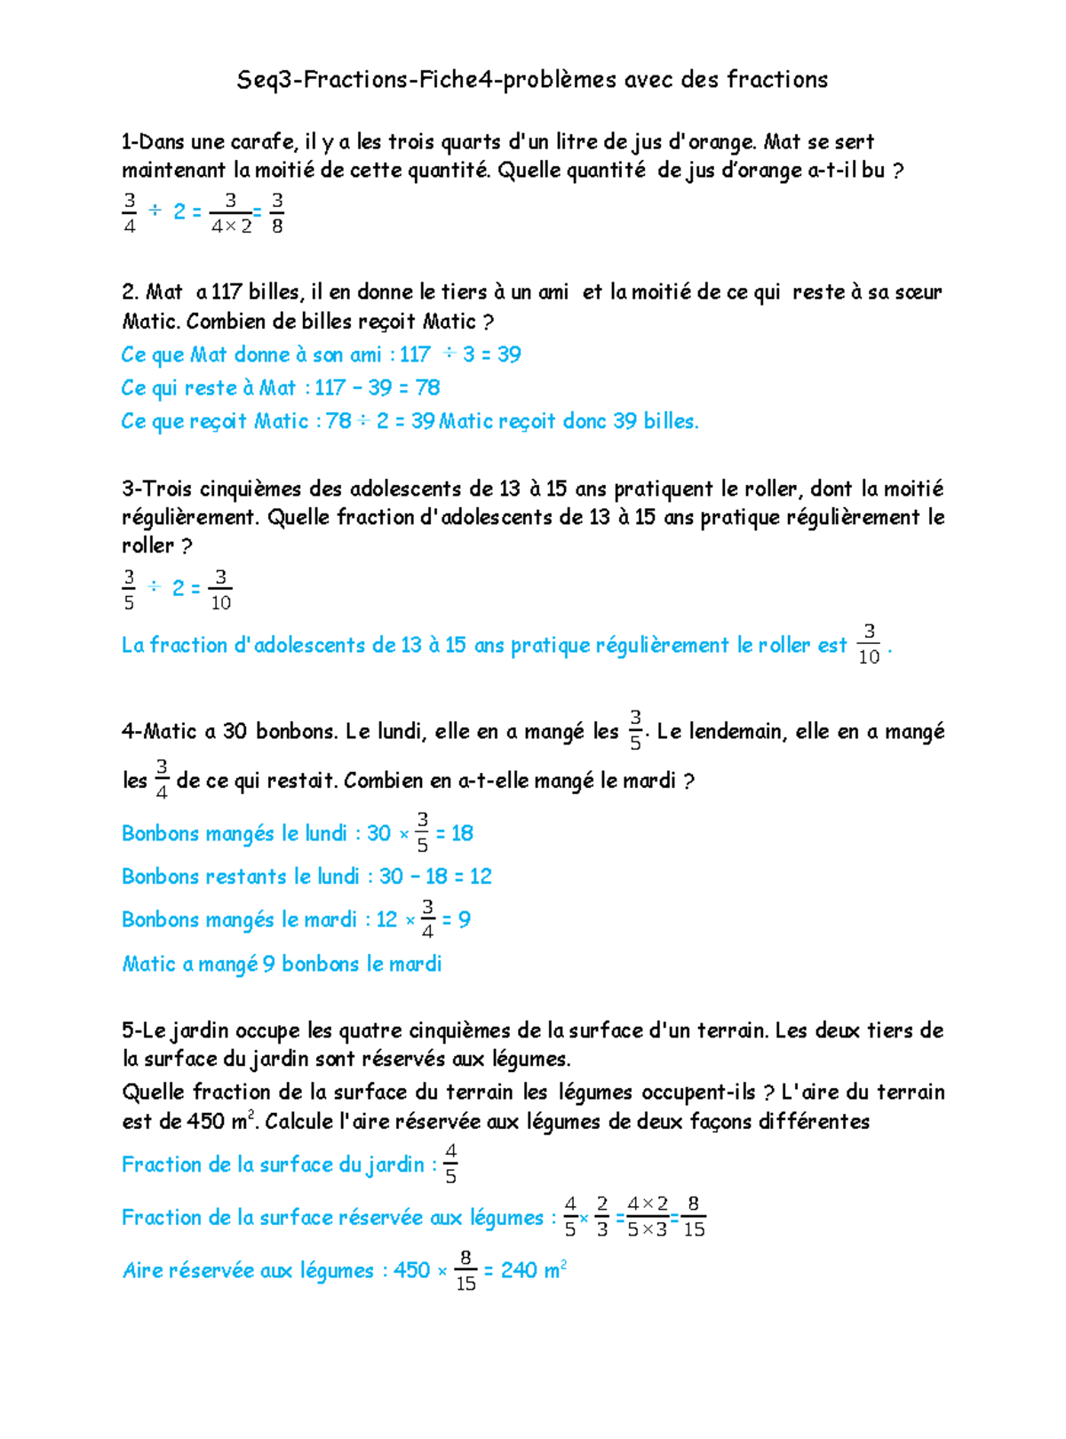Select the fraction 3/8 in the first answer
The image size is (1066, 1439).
tap(277, 213)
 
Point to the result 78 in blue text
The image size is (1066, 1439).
tap(427, 388)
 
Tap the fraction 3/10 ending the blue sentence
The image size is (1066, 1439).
tap(869, 645)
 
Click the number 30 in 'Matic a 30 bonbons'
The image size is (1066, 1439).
tap(235, 732)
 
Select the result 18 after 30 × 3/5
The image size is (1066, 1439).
tap(462, 833)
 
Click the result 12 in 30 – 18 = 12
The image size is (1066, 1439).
tap(481, 877)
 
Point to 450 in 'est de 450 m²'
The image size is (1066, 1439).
tap(205, 1122)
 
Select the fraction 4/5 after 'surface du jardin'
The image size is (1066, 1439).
tap(450, 1164)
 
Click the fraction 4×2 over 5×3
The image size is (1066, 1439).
tap(648, 1217)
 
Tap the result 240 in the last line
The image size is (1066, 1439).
tap(519, 1271)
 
